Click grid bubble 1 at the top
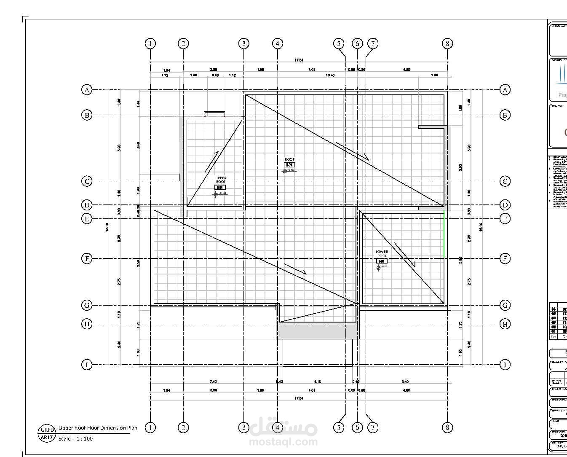(x=150, y=43)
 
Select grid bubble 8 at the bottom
(x=447, y=427)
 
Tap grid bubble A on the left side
(x=87, y=90)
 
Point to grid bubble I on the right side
(x=505, y=365)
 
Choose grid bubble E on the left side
(x=87, y=218)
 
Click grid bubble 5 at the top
(x=339, y=43)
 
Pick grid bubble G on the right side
(x=505, y=305)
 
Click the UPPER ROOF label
(x=221, y=180)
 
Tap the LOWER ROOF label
(x=382, y=254)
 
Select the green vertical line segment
(x=444, y=234)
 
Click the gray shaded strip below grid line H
(x=318, y=331)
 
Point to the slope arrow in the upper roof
(x=212, y=161)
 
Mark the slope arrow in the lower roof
(x=405, y=255)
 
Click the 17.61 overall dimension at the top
(x=299, y=60)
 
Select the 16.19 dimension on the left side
(x=107, y=227)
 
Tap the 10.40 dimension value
(x=330, y=75)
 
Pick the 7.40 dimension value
(x=213, y=382)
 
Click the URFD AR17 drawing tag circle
(x=46, y=434)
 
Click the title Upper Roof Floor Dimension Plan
(x=98, y=428)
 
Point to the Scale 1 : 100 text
(x=75, y=439)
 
